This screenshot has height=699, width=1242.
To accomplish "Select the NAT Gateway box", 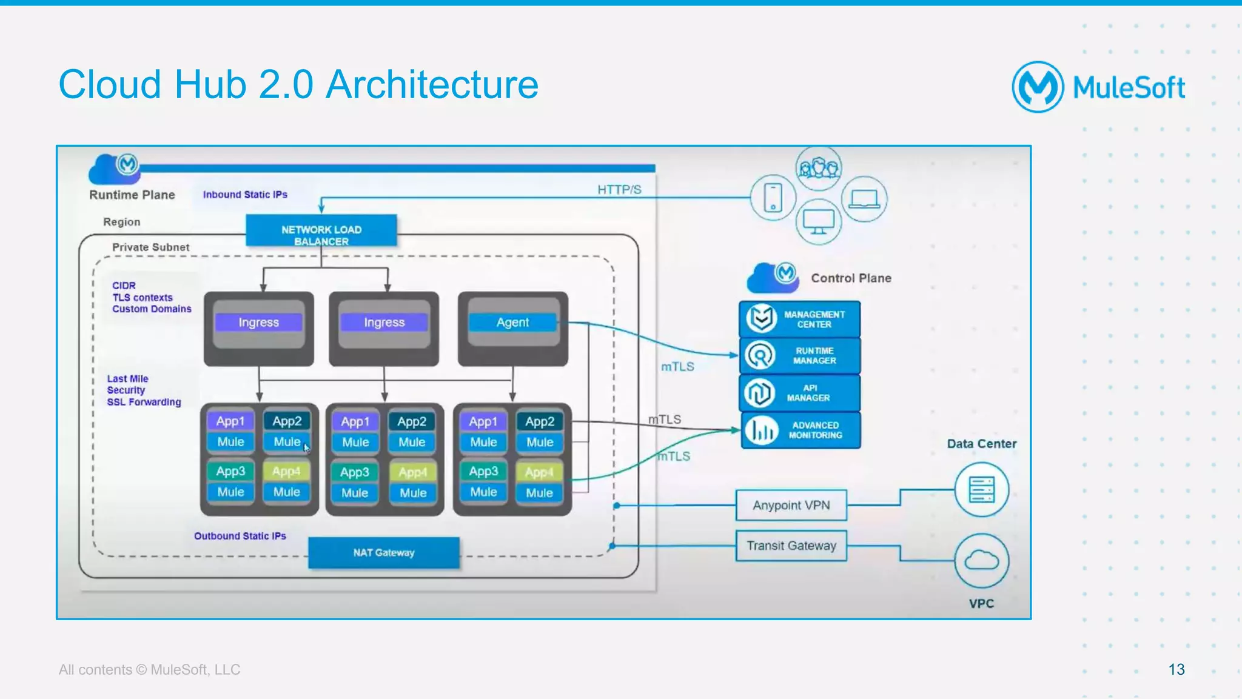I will pyautogui.click(x=384, y=552).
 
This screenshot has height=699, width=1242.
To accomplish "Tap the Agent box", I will pyautogui.click(x=512, y=323).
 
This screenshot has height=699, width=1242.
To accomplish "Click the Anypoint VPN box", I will pyautogui.click(x=791, y=505).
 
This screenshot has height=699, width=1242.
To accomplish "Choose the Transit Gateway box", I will pyautogui.click(x=791, y=546).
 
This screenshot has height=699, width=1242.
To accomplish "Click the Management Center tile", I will pyautogui.click(x=800, y=319).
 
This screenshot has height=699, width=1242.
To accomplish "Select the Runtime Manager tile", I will pyautogui.click(x=800, y=356).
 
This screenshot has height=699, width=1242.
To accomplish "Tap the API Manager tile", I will pyautogui.click(x=800, y=393).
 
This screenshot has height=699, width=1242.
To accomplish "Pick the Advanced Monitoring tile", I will pyautogui.click(x=800, y=430).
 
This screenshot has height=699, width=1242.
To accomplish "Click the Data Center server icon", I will pyautogui.click(x=981, y=489).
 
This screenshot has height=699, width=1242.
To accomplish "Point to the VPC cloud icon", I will pyautogui.click(x=981, y=561).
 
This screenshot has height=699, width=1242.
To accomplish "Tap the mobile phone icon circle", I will pyautogui.click(x=773, y=198).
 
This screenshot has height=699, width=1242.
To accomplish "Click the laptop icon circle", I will pyautogui.click(x=864, y=199).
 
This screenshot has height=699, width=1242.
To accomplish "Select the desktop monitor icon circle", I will pyautogui.click(x=818, y=222).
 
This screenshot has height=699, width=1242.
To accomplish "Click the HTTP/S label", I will pyautogui.click(x=619, y=190).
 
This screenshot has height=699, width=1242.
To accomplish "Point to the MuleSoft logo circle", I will pyautogui.click(x=1037, y=87).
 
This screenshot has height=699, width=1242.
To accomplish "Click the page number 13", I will pyautogui.click(x=1176, y=669).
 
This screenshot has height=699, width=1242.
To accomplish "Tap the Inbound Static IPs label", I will pyautogui.click(x=245, y=195).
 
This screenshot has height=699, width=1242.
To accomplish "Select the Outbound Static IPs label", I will pyautogui.click(x=240, y=536).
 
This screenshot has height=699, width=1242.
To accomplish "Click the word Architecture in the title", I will pyautogui.click(x=432, y=84).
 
